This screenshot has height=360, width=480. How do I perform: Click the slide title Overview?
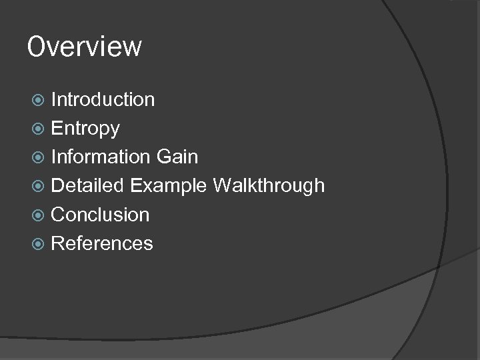[x=85, y=47]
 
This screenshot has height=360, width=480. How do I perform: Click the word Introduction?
[x=103, y=99]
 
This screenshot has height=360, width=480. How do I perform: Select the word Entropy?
[x=85, y=129]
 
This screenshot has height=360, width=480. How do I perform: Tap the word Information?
[x=101, y=157]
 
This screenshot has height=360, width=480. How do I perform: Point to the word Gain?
[x=177, y=157]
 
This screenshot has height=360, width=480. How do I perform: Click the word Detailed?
[x=87, y=185]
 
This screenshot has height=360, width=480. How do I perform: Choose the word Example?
[x=169, y=186]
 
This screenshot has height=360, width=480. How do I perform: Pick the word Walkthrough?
[x=269, y=185]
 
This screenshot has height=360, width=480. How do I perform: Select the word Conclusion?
[x=100, y=215]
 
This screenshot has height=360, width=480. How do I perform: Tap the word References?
[x=102, y=243]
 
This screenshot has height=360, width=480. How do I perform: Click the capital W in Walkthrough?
[x=223, y=185]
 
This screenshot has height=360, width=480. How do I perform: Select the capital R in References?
[x=57, y=243]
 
